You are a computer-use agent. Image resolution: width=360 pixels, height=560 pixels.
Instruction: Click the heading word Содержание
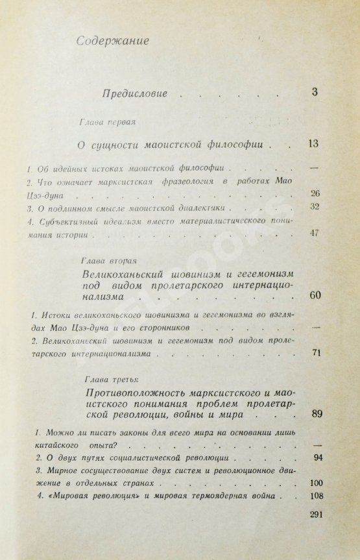coord(112,42)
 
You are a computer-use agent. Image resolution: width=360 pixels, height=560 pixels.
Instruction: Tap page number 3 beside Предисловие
coord(314,91)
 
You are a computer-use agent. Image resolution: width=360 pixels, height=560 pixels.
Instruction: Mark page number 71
coord(317,354)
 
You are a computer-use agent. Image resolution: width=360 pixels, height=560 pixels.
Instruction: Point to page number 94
coord(317,458)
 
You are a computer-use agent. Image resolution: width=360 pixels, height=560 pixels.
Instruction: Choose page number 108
coord(317,496)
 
